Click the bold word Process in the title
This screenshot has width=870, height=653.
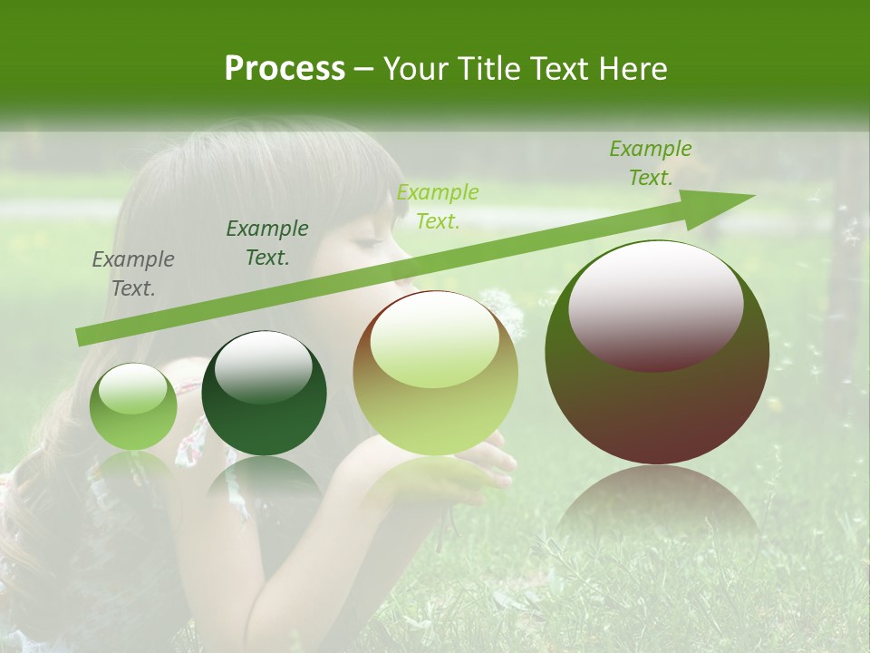pos(285,69)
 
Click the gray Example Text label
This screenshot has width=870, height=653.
pos(133,274)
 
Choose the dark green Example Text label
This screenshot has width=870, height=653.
pos(267,243)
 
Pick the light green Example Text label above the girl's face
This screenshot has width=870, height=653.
pos(438,207)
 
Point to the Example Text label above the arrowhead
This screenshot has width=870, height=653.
pos(651,163)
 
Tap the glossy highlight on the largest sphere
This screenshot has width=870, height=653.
pos(656,304)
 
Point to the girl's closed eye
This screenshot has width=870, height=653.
pos(366,243)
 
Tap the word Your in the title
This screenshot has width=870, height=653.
pos(416,69)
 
